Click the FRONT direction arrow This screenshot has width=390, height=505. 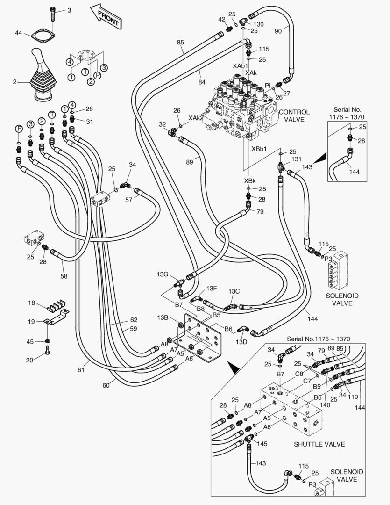tap(106, 15)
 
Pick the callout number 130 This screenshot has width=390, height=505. tap(258, 24)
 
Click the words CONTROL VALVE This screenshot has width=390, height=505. tap(294, 116)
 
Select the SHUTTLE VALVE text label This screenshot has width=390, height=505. tap(319, 444)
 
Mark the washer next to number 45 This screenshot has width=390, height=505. tap(48, 341)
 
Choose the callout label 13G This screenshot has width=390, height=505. tap(162, 274)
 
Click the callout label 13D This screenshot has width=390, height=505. tap(241, 342)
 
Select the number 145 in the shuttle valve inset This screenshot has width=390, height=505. tap(262, 443)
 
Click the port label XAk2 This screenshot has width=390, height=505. tap(196, 118)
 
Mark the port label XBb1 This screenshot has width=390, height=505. tap(259, 149)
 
